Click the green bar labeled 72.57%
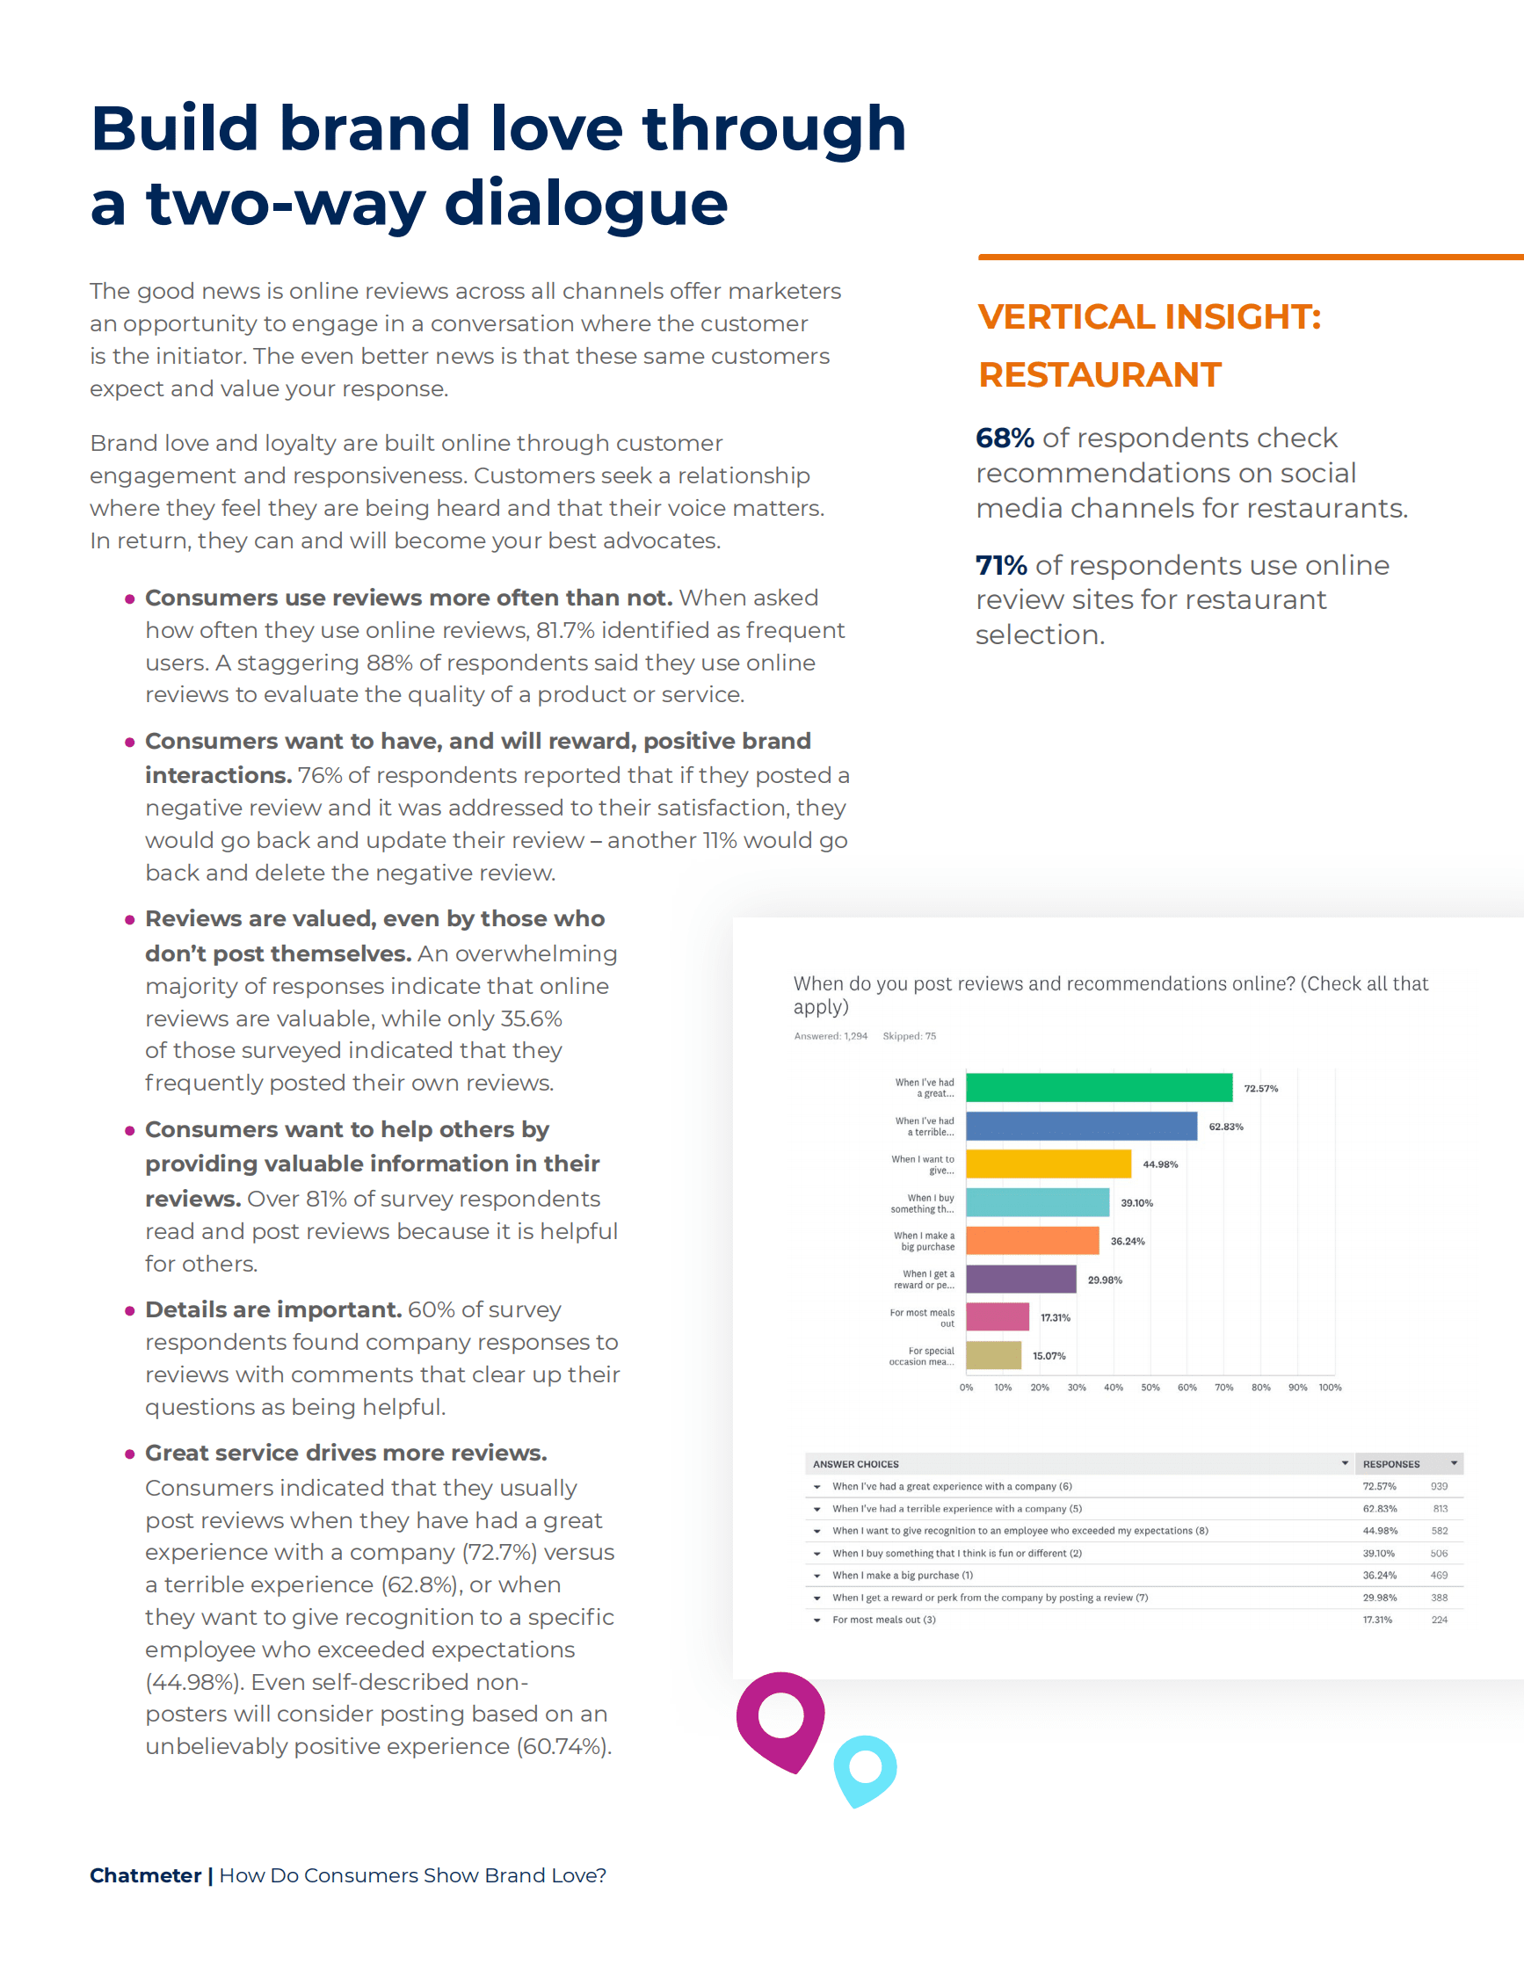coord(1099,1087)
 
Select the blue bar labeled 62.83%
coord(1081,1126)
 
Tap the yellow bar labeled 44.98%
coord(1049,1164)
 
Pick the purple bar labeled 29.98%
coord(1021,1279)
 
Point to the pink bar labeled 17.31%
coord(998,1316)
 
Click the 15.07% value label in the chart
coord(1049,1355)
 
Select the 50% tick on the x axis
coord(1150,1387)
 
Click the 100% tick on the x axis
coord(1330,1387)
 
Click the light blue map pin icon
coord(865,1769)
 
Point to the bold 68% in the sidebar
coord(1005,438)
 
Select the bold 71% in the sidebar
coord(1001,565)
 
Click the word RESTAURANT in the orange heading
coord(1099,374)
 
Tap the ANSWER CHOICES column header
coord(856,1464)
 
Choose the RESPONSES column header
coord(1391,1464)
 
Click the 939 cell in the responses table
coord(1439,1486)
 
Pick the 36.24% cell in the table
coord(1380,1575)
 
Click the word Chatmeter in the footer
coord(145,1875)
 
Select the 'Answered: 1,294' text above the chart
coord(831,1036)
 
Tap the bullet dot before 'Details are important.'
coord(130,1310)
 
